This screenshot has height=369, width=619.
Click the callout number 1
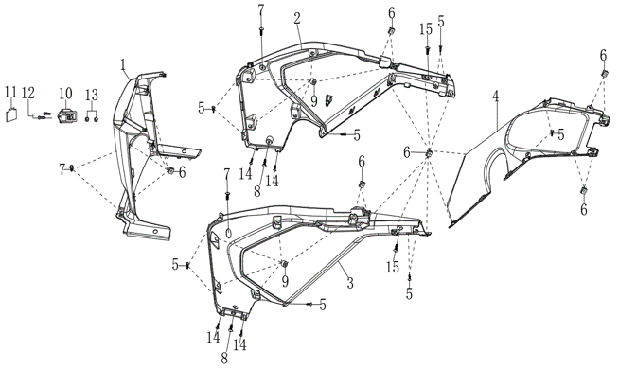pyautogui.click(x=123, y=64)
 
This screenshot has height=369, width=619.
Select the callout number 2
pyautogui.click(x=297, y=18)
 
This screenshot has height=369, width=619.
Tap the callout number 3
pyautogui.click(x=349, y=283)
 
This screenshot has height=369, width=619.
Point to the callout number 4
pyautogui.click(x=495, y=97)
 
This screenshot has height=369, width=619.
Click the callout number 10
pyautogui.click(x=65, y=94)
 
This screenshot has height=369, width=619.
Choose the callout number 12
pyautogui.click(x=28, y=93)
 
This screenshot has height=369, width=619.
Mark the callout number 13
pyautogui.click(x=92, y=96)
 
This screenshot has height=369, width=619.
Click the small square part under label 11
pyautogui.click(x=11, y=114)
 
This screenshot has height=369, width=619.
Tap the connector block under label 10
pyautogui.click(x=66, y=115)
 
